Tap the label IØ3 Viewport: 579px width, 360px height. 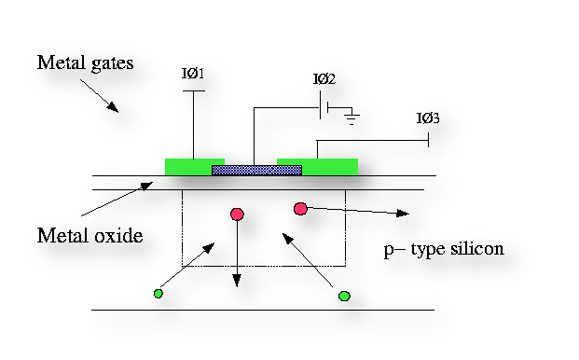pyautogui.click(x=428, y=118)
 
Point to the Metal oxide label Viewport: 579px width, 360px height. pyautogui.click(x=90, y=235)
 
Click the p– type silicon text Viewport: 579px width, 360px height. pyautogui.click(x=444, y=249)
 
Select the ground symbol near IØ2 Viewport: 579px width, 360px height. pyautogui.click(x=352, y=118)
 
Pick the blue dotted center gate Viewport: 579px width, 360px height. pyautogui.click(x=256, y=170)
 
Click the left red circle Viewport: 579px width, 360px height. pyautogui.click(x=237, y=215)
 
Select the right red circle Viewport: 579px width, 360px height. pyautogui.click(x=300, y=208)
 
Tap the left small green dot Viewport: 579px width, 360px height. pyautogui.click(x=158, y=294)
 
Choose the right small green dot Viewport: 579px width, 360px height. pyautogui.click(x=344, y=296)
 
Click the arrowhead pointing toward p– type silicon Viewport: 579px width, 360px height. pyautogui.click(x=403, y=214)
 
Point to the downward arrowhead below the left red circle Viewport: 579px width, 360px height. pyautogui.click(x=237, y=279)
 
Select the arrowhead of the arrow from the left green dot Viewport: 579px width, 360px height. pyautogui.click(x=211, y=246)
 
